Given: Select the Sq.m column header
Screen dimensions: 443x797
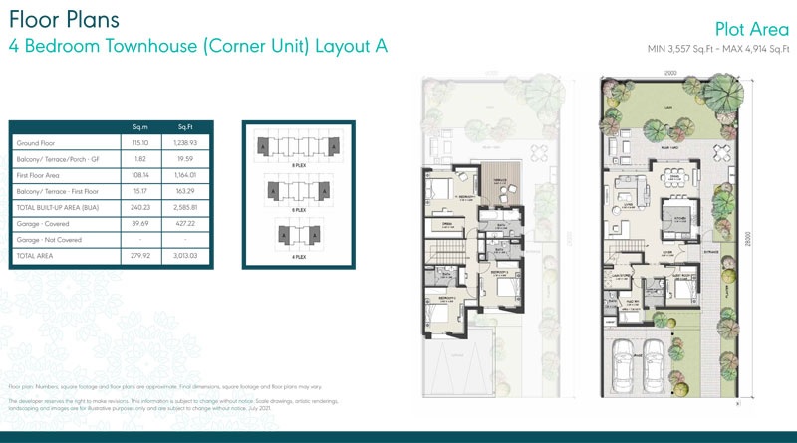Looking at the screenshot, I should tap(140, 126).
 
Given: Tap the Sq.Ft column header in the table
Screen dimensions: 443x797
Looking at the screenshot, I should tap(185, 126).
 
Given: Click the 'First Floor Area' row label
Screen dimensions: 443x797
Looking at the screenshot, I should tap(41, 175).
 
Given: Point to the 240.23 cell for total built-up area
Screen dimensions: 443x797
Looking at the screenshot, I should tap(140, 208).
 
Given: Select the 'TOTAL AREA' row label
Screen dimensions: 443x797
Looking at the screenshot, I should tap(36, 256).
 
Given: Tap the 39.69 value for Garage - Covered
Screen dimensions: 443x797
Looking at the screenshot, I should tap(140, 224).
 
